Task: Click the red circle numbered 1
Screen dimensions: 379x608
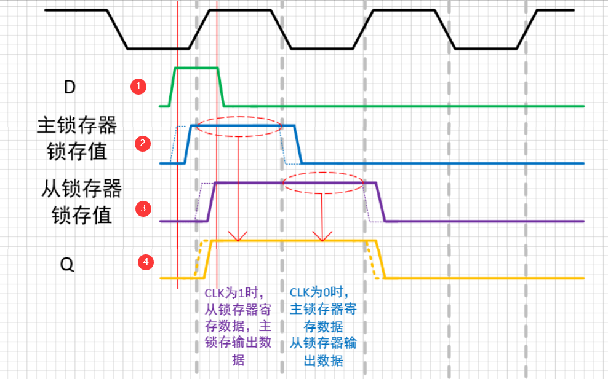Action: pyautogui.click(x=139, y=86)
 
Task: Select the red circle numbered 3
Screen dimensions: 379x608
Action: pyautogui.click(x=143, y=208)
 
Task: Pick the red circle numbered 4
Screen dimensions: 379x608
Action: pyautogui.click(x=145, y=262)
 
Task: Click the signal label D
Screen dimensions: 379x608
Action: pyautogui.click(x=70, y=87)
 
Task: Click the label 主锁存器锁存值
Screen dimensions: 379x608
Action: pyautogui.click(x=77, y=138)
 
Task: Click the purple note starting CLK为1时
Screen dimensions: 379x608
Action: pyautogui.click(x=238, y=326)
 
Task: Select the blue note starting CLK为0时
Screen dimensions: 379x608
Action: pyautogui.click(x=322, y=326)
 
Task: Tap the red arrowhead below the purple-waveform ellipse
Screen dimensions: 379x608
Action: pyautogui.click(x=319, y=236)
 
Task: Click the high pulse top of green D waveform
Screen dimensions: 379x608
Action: pyautogui.click(x=197, y=67)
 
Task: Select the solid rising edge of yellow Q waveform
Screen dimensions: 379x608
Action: pyautogui.click(x=208, y=259)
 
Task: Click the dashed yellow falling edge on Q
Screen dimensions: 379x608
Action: pyautogui.click(x=372, y=259)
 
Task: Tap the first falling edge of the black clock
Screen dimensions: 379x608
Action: pyautogui.click(x=118, y=29)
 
